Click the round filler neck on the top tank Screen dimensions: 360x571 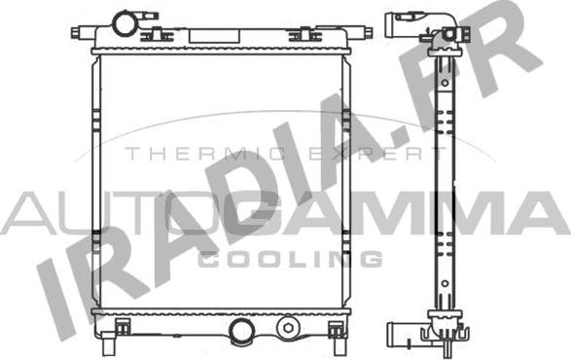(x=126, y=20)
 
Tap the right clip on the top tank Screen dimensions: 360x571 (x=297, y=36)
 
